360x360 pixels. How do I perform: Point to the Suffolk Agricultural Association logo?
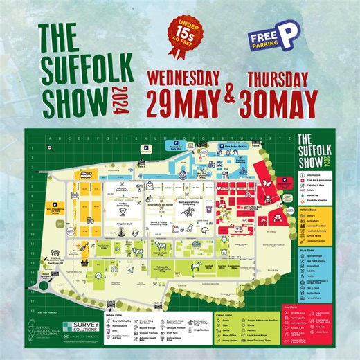click(42, 325)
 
